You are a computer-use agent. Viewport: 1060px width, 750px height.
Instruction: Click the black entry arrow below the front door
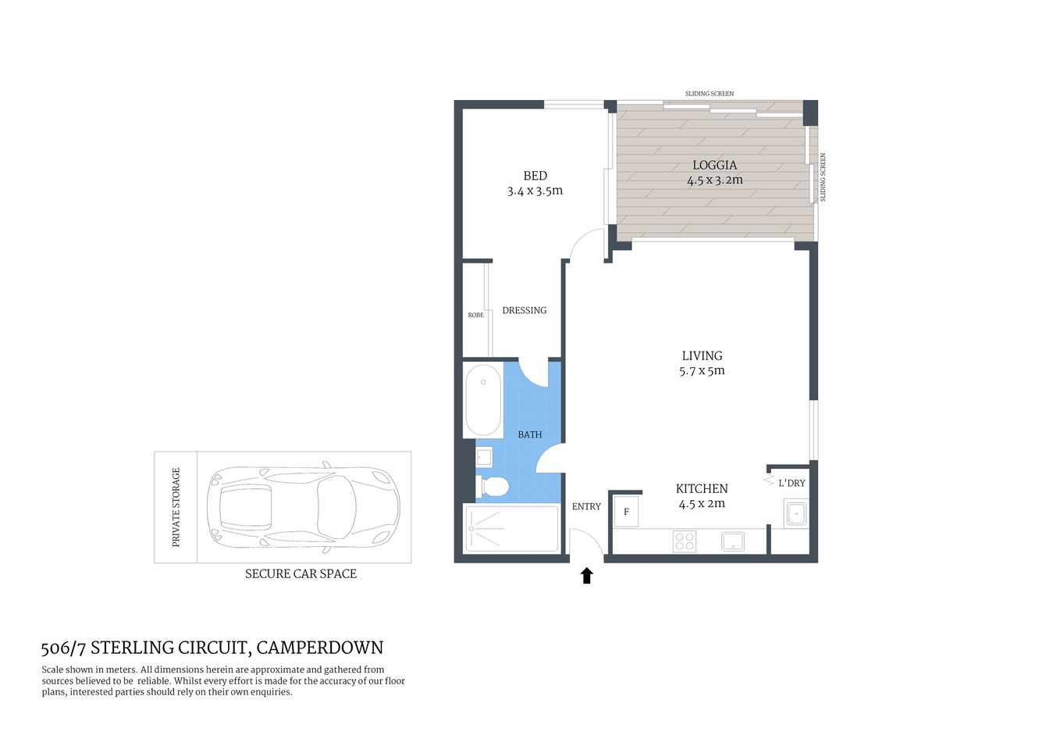coord(586,576)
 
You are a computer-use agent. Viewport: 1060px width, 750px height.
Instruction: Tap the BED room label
coord(535,176)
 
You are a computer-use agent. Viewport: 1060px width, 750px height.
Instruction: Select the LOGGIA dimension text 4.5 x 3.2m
coord(714,180)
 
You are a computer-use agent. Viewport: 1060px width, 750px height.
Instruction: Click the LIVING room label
coord(702,355)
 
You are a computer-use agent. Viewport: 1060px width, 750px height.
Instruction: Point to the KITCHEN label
coord(702,488)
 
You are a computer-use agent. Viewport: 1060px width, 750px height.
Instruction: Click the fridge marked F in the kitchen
coord(626,512)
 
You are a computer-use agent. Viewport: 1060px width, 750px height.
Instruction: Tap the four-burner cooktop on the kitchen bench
coord(685,541)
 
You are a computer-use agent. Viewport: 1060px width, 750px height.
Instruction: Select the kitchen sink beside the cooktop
coord(733,541)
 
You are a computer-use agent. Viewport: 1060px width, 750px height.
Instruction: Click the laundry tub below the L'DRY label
coord(795,514)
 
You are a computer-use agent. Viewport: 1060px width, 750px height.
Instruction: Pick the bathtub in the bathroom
coord(483,400)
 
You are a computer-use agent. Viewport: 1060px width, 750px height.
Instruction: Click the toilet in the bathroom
coord(493,487)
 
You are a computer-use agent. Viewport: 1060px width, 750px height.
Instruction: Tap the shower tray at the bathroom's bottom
coord(511,529)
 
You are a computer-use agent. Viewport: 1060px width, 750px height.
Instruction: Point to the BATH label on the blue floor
coord(529,434)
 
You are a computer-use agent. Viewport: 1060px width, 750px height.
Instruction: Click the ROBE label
coord(475,315)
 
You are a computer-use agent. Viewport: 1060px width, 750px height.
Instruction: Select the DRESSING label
coord(524,310)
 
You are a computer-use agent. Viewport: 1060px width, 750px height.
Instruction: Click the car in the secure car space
coord(303,507)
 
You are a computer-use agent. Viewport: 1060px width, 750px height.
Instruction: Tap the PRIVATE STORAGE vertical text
coord(176,507)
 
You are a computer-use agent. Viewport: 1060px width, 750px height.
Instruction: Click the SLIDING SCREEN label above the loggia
coord(709,94)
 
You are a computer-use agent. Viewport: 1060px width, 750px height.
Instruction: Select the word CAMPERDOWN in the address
coord(319,648)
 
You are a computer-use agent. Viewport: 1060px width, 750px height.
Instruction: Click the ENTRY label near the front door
coord(586,506)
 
